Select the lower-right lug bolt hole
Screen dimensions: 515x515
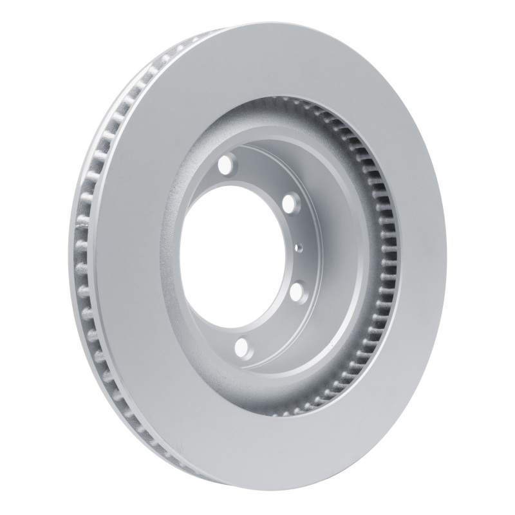click(x=297, y=291)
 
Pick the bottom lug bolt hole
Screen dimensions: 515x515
click(x=241, y=348)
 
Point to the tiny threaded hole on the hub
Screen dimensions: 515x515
click(x=299, y=247)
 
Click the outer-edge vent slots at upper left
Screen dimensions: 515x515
click(x=122, y=109)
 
